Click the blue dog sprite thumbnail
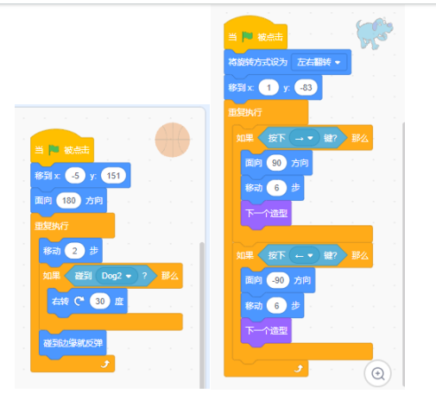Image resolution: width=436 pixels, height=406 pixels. point(375,34)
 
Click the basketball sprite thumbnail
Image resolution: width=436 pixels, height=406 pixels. point(173,140)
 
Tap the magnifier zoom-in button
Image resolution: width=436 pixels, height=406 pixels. point(377,373)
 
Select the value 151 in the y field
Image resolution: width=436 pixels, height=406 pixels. point(113,176)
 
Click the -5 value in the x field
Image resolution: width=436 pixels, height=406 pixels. point(75,176)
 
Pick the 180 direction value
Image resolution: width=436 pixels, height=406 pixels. point(69,201)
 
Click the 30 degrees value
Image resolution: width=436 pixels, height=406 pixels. point(100,301)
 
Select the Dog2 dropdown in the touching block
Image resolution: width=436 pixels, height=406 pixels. point(117,276)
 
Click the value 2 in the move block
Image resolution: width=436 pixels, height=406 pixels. point(75,251)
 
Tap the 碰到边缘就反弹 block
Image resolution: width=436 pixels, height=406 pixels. point(73,343)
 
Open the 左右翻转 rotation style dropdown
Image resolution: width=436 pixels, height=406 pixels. point(319,62)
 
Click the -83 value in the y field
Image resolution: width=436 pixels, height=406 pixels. point(306,87)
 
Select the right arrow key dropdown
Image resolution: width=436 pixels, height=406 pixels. point(305,138)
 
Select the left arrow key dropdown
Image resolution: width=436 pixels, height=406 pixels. point(305,255)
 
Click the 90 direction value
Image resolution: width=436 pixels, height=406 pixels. point(276,163)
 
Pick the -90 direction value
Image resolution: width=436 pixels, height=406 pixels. point(278,280)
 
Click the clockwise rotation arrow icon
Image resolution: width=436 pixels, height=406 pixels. point(79,301)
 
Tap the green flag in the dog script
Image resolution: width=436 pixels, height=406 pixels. point(247,36)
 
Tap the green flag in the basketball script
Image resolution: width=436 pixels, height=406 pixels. point(54,149)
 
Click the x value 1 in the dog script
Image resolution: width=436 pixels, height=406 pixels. point(269,87)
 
